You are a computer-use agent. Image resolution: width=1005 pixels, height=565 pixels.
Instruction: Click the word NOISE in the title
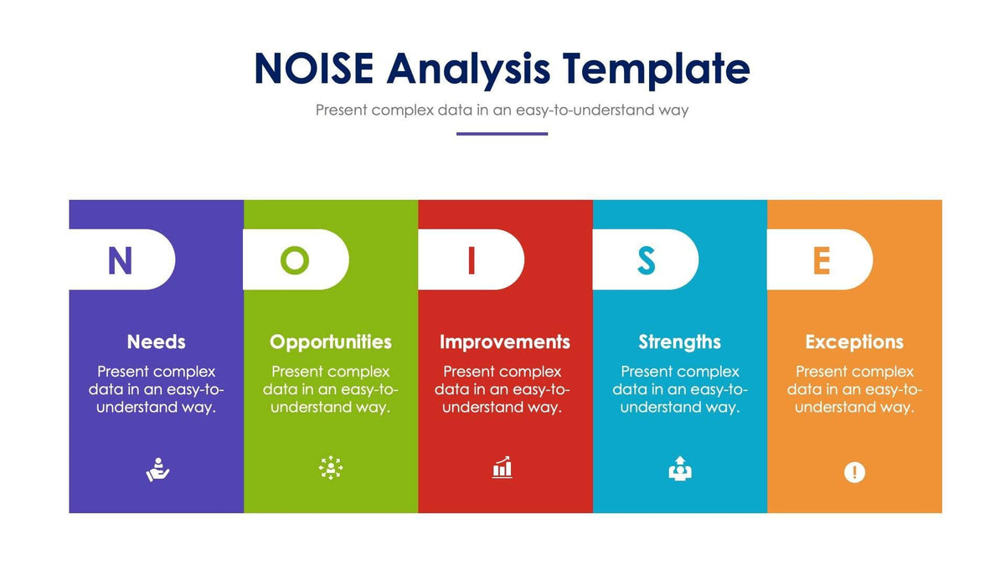click(314, 68)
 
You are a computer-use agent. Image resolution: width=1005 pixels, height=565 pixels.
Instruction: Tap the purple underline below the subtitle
click(502, 134)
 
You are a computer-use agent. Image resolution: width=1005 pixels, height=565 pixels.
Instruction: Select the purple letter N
click(121, 260)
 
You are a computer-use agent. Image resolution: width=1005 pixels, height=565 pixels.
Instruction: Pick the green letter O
click(295, 260)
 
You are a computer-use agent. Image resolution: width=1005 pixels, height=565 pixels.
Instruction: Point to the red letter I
click(471, 260)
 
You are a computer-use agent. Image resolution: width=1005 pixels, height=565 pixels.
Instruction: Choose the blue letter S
click(646, 260)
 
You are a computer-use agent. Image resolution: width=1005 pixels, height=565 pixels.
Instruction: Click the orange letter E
click(822, 260)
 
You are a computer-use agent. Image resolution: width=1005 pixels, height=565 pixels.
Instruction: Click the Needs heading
click(156, 342)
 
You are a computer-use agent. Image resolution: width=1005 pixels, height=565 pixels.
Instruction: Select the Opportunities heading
click(331, 343)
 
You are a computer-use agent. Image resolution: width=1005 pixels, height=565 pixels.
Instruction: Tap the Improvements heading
click(505, 343)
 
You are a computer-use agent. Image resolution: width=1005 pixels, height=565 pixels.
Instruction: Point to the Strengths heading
click(680, 343)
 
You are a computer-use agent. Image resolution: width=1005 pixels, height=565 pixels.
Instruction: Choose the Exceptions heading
click(854, 343)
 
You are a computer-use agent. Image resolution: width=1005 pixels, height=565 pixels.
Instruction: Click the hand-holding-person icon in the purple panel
click(158, 470)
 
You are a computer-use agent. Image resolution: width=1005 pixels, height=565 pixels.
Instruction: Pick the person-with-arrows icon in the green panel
click(331, 468)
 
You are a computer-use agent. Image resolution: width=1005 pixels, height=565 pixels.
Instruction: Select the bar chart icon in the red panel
click(502, 467)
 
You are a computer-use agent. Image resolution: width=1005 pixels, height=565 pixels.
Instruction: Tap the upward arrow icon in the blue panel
click(680, 469)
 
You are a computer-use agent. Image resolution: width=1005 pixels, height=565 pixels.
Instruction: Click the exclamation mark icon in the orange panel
click(854, 472)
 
